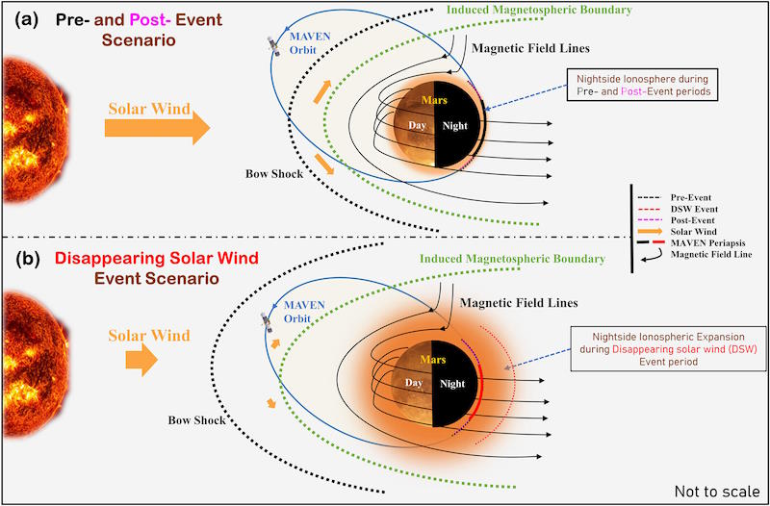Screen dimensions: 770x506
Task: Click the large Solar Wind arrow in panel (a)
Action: (157, 127)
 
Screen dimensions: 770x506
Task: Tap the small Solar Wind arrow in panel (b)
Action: (141, 360)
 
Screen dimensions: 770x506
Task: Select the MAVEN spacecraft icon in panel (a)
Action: (272, 45)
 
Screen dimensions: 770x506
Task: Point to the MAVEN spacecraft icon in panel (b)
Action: (267, 321)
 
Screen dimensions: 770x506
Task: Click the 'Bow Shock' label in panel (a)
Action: (274, 174)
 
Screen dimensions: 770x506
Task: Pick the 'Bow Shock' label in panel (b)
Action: (197, 420)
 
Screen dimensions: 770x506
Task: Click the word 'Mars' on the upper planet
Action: (433, 100)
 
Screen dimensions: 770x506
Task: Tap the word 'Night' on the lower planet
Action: (451, 383)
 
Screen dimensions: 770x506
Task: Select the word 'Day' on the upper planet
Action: (418, 126)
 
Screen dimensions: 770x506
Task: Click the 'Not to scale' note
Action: (717, 492)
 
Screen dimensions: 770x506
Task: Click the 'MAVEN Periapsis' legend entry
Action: (694, 243)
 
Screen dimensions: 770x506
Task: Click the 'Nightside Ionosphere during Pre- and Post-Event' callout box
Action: (643, 85)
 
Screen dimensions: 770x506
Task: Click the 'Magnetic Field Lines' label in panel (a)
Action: (530, 48)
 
